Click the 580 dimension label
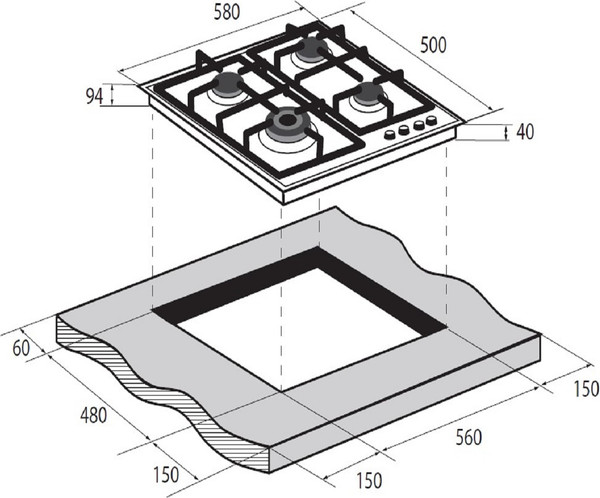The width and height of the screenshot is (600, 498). point(227,12)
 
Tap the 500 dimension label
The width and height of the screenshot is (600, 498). point(433,45)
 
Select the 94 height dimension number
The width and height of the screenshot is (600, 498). point(94,96)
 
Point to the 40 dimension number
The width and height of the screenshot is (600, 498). point(525,132)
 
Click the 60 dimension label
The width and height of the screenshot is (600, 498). point(21,348)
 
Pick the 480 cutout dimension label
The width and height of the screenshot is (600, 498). point(93,416)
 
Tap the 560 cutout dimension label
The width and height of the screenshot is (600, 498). point(469,438)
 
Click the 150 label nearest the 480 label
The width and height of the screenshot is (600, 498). point(166,475)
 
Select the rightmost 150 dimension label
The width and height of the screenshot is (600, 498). point(586,389)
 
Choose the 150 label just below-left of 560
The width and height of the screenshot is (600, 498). point(369,480)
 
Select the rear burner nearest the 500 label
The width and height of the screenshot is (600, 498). point(313,50)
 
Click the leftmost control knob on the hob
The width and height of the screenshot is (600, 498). point(390,135)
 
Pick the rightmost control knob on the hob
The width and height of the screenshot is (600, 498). point(432,120)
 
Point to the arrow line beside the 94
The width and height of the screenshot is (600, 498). point(112,95)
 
